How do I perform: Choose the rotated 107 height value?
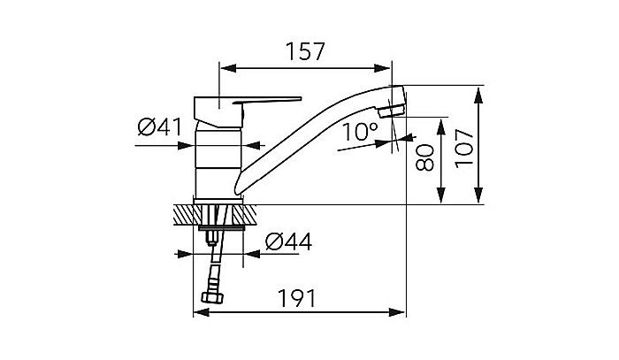click(x=465, y=145)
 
